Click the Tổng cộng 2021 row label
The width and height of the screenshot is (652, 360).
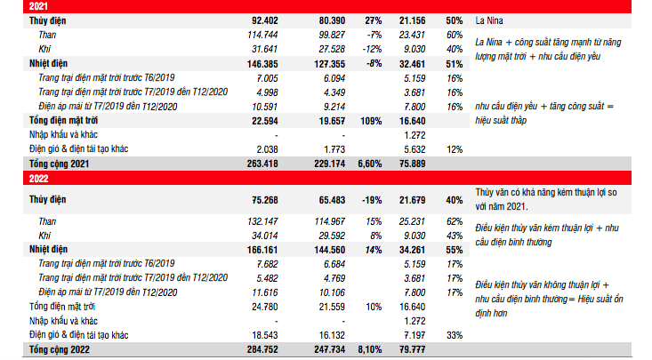pyautogui.click(x=59, y=164)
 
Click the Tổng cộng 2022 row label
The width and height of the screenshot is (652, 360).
pyautogui.click(x=59, y=350)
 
